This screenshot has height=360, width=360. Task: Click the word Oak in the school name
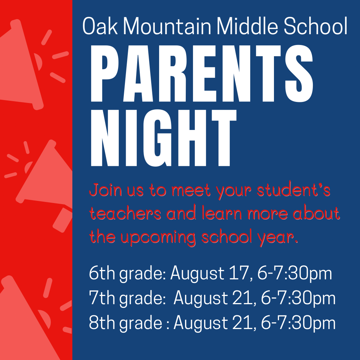[x=100, y=26]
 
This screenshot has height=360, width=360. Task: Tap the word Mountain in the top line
[x=167, y=26]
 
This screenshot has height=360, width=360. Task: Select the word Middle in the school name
[x=247, y=26]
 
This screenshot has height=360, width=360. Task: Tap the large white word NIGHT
[x=164, y=138]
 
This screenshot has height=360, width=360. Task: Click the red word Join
[x=105, y=190]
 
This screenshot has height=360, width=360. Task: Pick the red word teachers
[x=125, y=213]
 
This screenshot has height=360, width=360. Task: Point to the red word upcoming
[x=158, y=238]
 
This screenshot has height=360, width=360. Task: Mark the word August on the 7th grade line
[x=201, y=298]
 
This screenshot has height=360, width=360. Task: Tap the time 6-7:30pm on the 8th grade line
[x=298, y=324]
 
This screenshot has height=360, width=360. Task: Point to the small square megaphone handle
[x=63, y=220]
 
